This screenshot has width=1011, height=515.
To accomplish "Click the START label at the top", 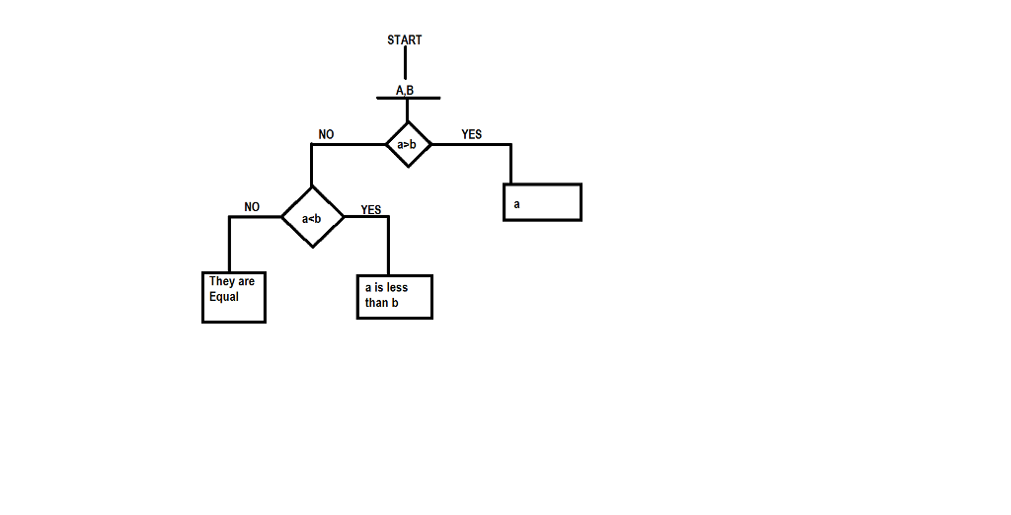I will click(x=405, y=40).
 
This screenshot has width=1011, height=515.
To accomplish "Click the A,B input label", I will click(x=405, y=91).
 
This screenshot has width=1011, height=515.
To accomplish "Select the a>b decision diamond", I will click(x=408, y=145).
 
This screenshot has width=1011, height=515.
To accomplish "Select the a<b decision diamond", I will click(x=312, y=217).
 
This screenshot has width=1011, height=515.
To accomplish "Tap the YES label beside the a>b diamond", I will click(x=472, y=134).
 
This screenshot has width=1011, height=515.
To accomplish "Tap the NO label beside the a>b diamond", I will click(x=327, y=134).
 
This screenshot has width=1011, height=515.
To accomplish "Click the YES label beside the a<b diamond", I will click(x=371, y=210).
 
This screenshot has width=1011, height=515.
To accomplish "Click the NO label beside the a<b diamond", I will click(x=252, y=207).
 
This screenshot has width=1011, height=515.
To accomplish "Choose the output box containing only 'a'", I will click(x=542, y=202).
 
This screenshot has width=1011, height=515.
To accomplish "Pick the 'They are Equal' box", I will click(x=234, y=297).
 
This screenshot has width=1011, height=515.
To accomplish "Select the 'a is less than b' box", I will click(x=394, y=296).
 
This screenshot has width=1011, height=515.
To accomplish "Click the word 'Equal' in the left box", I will click(x=224, y=296).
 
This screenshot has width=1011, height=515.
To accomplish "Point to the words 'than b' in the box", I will click(x=381, y=303).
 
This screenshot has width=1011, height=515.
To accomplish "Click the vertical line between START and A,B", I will click(x=405, y=62).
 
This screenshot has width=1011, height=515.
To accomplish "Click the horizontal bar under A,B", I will click(x=408, y=99).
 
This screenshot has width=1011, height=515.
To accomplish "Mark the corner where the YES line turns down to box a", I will click(x=510, y=145).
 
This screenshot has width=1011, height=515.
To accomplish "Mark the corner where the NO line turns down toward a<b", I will click(x=312, y=145).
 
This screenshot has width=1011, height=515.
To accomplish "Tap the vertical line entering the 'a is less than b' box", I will click(x=388, y=247).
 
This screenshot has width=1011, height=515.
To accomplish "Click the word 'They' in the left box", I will click(x=219, y=282).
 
